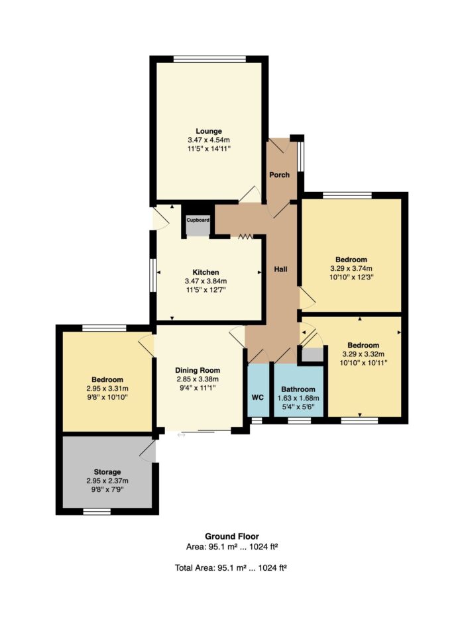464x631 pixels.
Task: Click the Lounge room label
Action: tap(209, 131)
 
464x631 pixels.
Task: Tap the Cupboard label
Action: tap(198, 220)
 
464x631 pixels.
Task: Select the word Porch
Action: tap(279, 175)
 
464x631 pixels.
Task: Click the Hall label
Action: tap(281, 269)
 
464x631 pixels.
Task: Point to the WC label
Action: tap(258, 397)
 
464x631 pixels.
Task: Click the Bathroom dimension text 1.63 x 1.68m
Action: tap(298, 399)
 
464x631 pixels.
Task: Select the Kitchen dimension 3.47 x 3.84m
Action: tap(206, 281)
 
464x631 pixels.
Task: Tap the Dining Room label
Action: tap(198, 370)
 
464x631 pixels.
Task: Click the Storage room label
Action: tap(107, 471)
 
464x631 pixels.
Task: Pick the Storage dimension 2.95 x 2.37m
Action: tap(107, 481)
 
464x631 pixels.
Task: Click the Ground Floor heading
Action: tap(232, 536)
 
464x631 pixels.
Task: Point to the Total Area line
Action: tap(231, 568)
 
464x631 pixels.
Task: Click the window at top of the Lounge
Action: tap(209, 59)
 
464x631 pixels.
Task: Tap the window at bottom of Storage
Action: tap(97, 512)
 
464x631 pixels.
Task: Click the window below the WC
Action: tap(256, 420)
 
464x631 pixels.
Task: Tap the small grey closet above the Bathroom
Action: tap(313, 354)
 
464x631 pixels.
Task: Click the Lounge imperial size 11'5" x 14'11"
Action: tap(209, 149)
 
